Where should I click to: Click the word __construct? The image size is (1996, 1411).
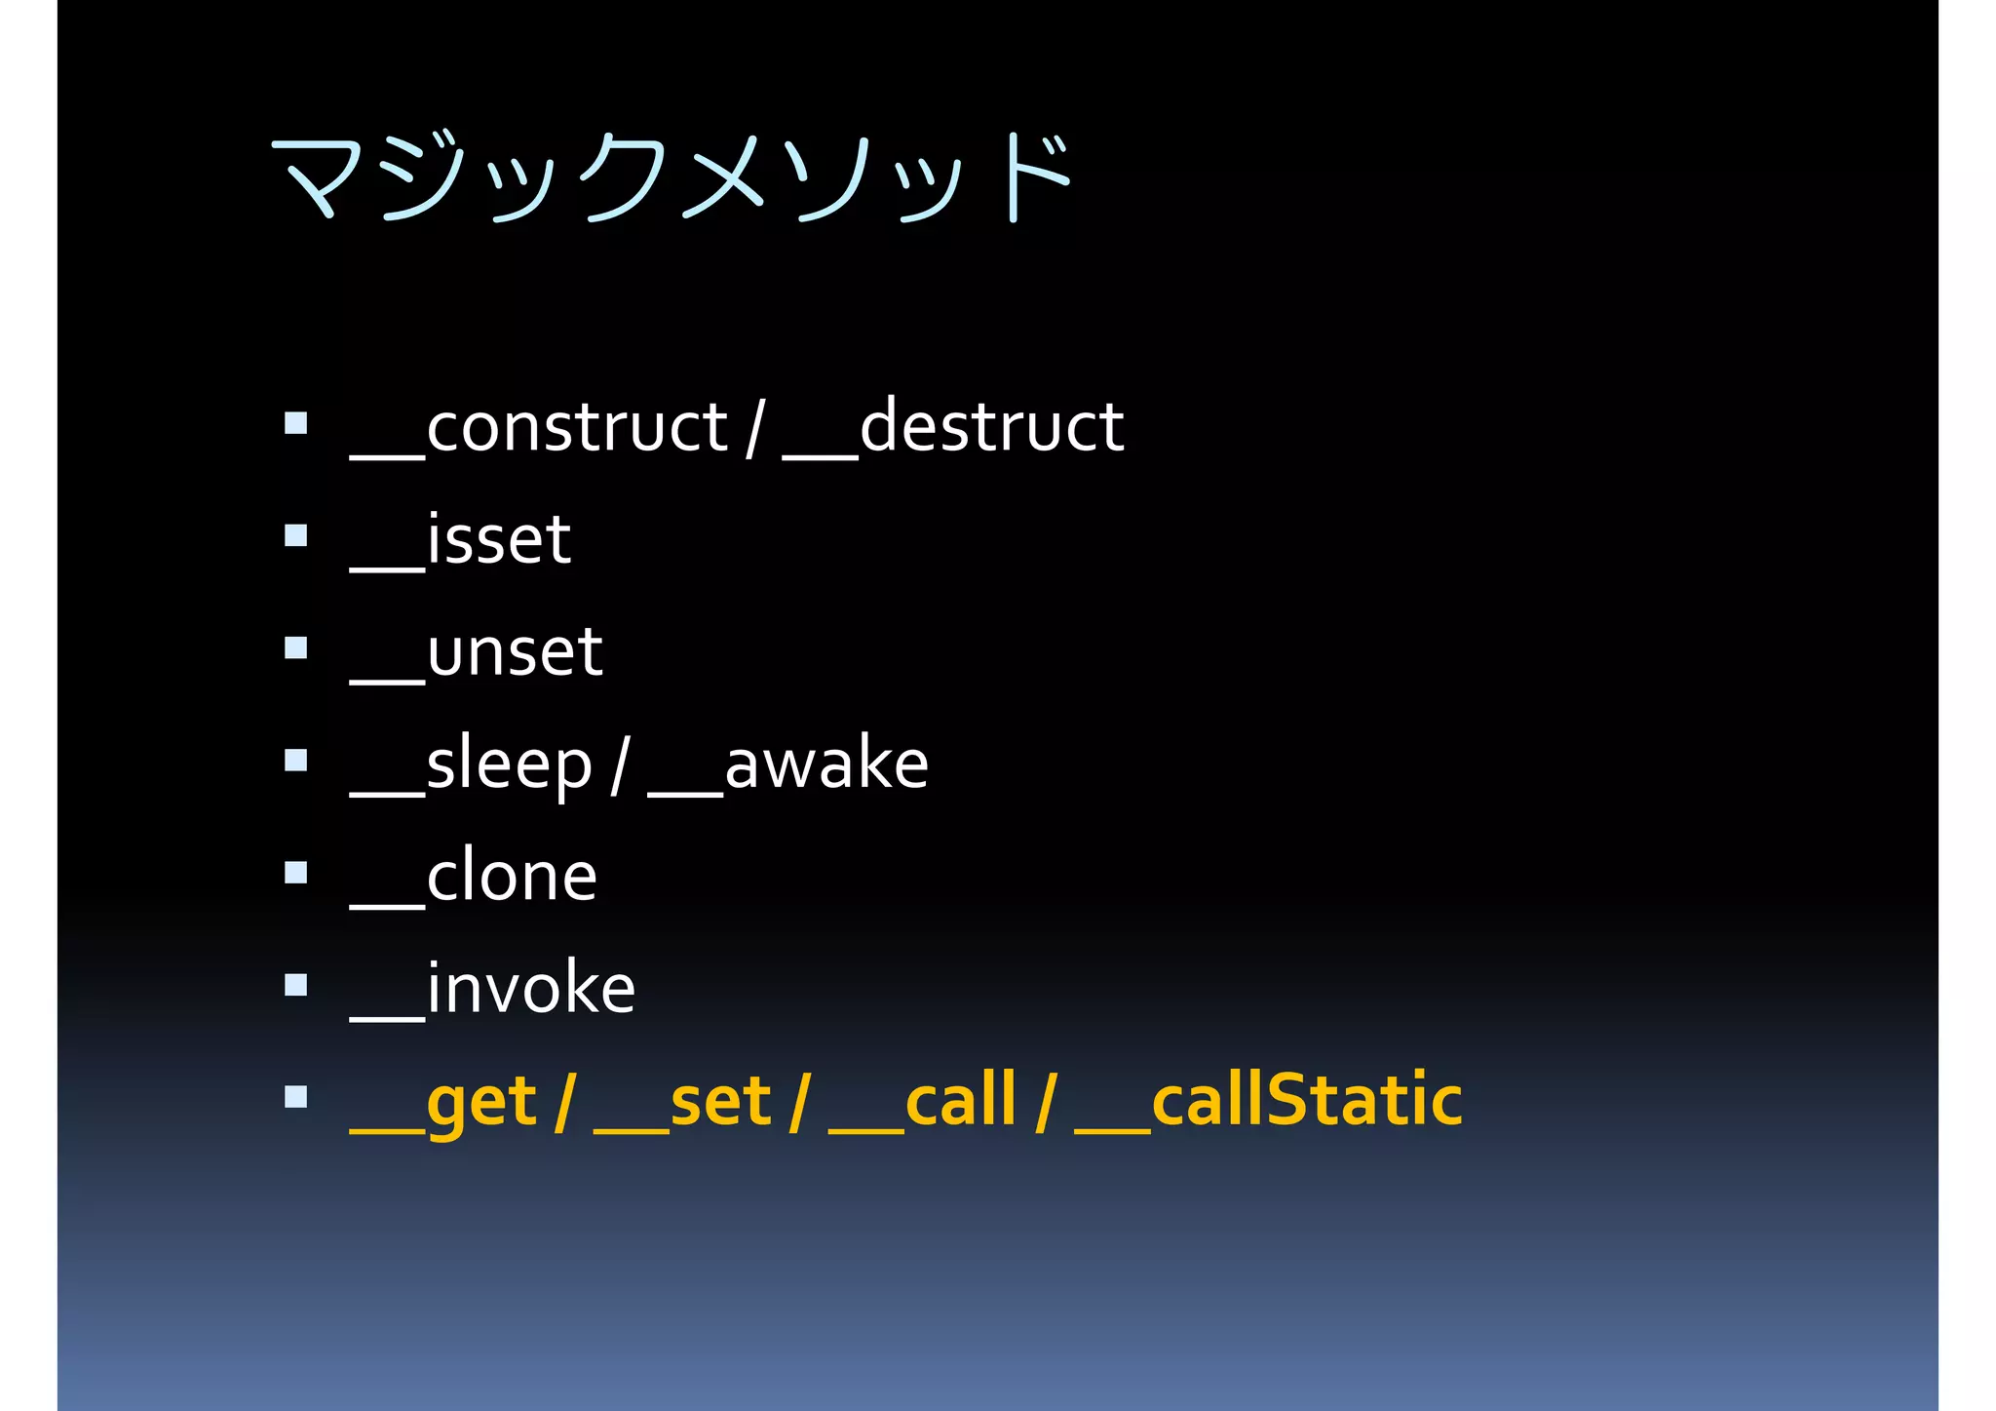coord(539,429)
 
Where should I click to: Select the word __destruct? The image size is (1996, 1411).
coord(953,429)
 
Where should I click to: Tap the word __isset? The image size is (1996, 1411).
coord(460,541)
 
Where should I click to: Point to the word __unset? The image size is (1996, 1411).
coord(476,653)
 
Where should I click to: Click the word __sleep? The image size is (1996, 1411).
coord(471,765)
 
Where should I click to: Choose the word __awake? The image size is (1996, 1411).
coord(787,765)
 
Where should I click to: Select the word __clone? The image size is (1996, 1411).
coord(473,878)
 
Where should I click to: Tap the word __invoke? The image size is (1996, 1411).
coord(492,990)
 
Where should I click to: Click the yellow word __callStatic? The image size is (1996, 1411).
coord(1267,1102)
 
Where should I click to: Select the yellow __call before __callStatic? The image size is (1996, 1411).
coord(922,1102)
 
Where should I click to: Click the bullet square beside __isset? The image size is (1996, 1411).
coord(296,535)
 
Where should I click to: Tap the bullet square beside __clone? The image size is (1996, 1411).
coord(296,872)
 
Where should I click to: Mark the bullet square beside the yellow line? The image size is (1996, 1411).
coord(296,1097)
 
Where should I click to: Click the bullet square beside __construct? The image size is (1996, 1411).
coord(296,423)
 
